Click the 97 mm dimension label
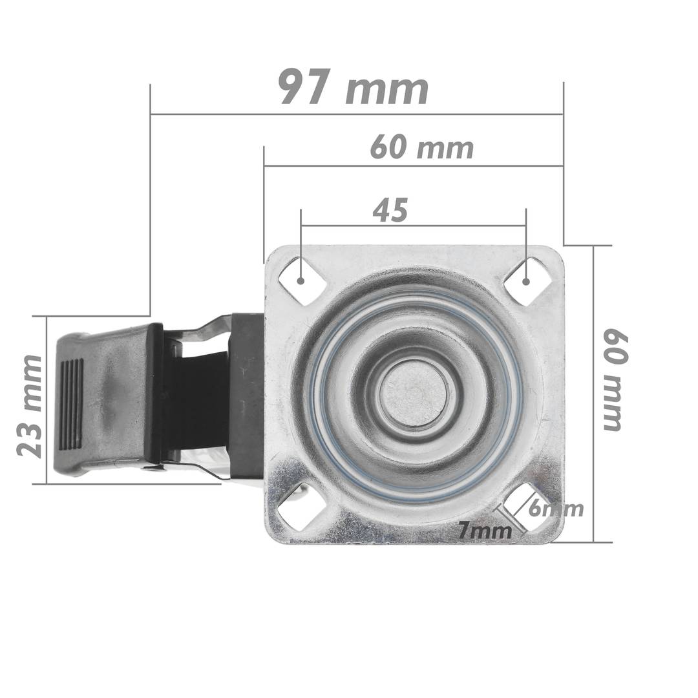354,88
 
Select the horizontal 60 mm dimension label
421,148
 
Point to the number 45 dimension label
390,211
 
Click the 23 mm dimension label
30,406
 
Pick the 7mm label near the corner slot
485,531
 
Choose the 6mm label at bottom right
556,509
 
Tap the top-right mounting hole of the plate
526,281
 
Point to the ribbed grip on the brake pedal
70,404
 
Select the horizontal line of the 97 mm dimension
355,114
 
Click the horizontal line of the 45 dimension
414,226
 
